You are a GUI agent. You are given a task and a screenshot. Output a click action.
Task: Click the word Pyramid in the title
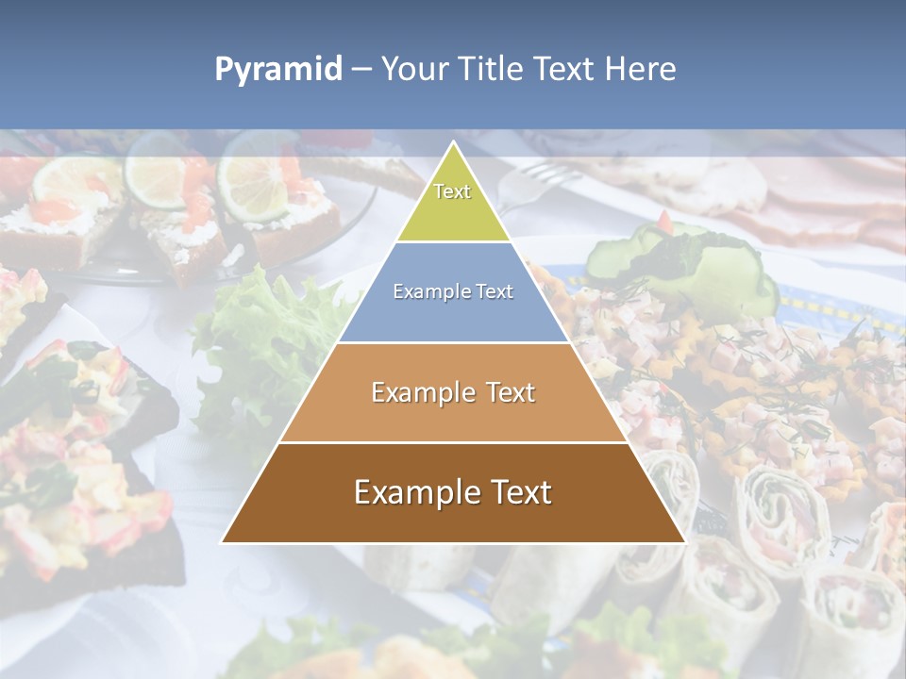pos(277,70)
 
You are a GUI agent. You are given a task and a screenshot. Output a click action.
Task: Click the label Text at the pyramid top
pos(452,191)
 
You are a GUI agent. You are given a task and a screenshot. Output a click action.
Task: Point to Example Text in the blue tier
pos(453,291)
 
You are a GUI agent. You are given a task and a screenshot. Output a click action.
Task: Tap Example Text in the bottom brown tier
pos(453,492)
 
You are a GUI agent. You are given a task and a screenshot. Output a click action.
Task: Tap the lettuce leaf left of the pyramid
pos(264,330)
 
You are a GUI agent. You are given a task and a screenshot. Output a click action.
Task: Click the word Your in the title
pos(415,70)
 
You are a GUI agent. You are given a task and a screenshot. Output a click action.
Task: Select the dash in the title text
pos(361,70)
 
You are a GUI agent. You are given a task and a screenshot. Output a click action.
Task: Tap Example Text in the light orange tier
pos(453,392)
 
